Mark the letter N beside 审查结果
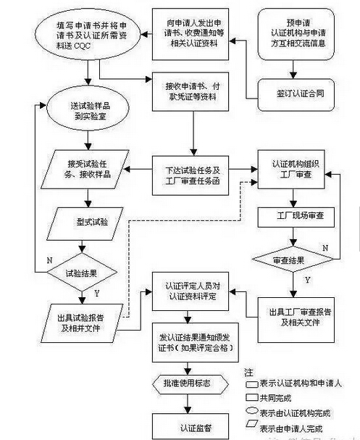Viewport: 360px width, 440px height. click(326, 247)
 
